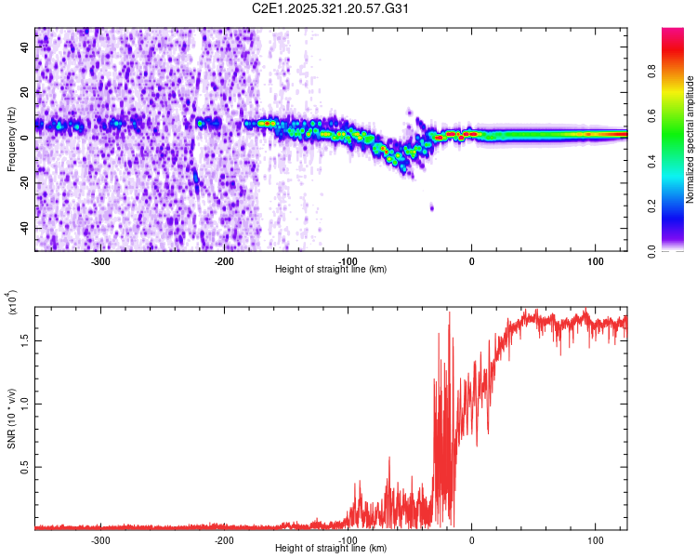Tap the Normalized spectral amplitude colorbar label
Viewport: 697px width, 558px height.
pos(690,139)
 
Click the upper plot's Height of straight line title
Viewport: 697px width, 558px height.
pos(331,269)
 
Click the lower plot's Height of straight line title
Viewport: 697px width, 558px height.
pos(331,548)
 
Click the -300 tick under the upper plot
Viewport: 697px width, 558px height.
pos(101,261)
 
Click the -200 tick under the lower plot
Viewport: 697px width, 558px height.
pos(224,539)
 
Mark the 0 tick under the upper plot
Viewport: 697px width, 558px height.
pos(471,261)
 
